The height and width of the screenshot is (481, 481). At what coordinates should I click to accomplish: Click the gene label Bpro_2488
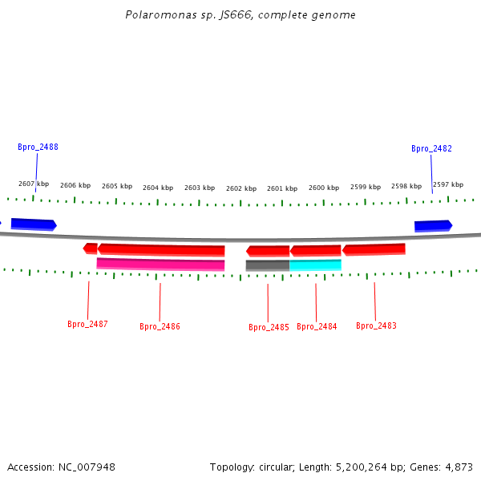coord(38,148)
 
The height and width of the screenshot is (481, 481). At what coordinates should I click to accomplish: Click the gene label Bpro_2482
coord(431,149)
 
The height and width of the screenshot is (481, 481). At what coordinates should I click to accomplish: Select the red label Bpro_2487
coord(87,325)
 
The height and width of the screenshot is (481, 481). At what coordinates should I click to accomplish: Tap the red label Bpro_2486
coord(160,326)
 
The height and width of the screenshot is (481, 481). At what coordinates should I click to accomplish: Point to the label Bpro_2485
coord(269,327)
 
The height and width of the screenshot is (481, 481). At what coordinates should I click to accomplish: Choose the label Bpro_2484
coord(317,326)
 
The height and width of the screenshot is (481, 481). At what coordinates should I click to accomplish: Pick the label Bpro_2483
coord(376,325)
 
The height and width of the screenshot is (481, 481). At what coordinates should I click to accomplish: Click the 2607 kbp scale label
coord(34,184)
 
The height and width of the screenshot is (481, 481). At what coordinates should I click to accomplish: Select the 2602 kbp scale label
coord(241,189)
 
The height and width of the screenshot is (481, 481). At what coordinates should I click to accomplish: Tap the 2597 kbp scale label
coord(448,184)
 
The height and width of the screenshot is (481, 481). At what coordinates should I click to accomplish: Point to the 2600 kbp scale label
coord(324,188)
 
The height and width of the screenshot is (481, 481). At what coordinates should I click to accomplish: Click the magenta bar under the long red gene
coord(160,264)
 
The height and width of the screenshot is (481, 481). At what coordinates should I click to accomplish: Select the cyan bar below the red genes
coord(315,265)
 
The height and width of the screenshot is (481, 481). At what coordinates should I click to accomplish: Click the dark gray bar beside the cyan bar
coord(268,265)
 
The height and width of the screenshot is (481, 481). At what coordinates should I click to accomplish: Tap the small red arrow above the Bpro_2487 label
coord(91,249)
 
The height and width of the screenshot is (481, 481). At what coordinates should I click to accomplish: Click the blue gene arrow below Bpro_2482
coord(433,226)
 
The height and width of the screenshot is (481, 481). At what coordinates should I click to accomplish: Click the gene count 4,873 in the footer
coord(459,467)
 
